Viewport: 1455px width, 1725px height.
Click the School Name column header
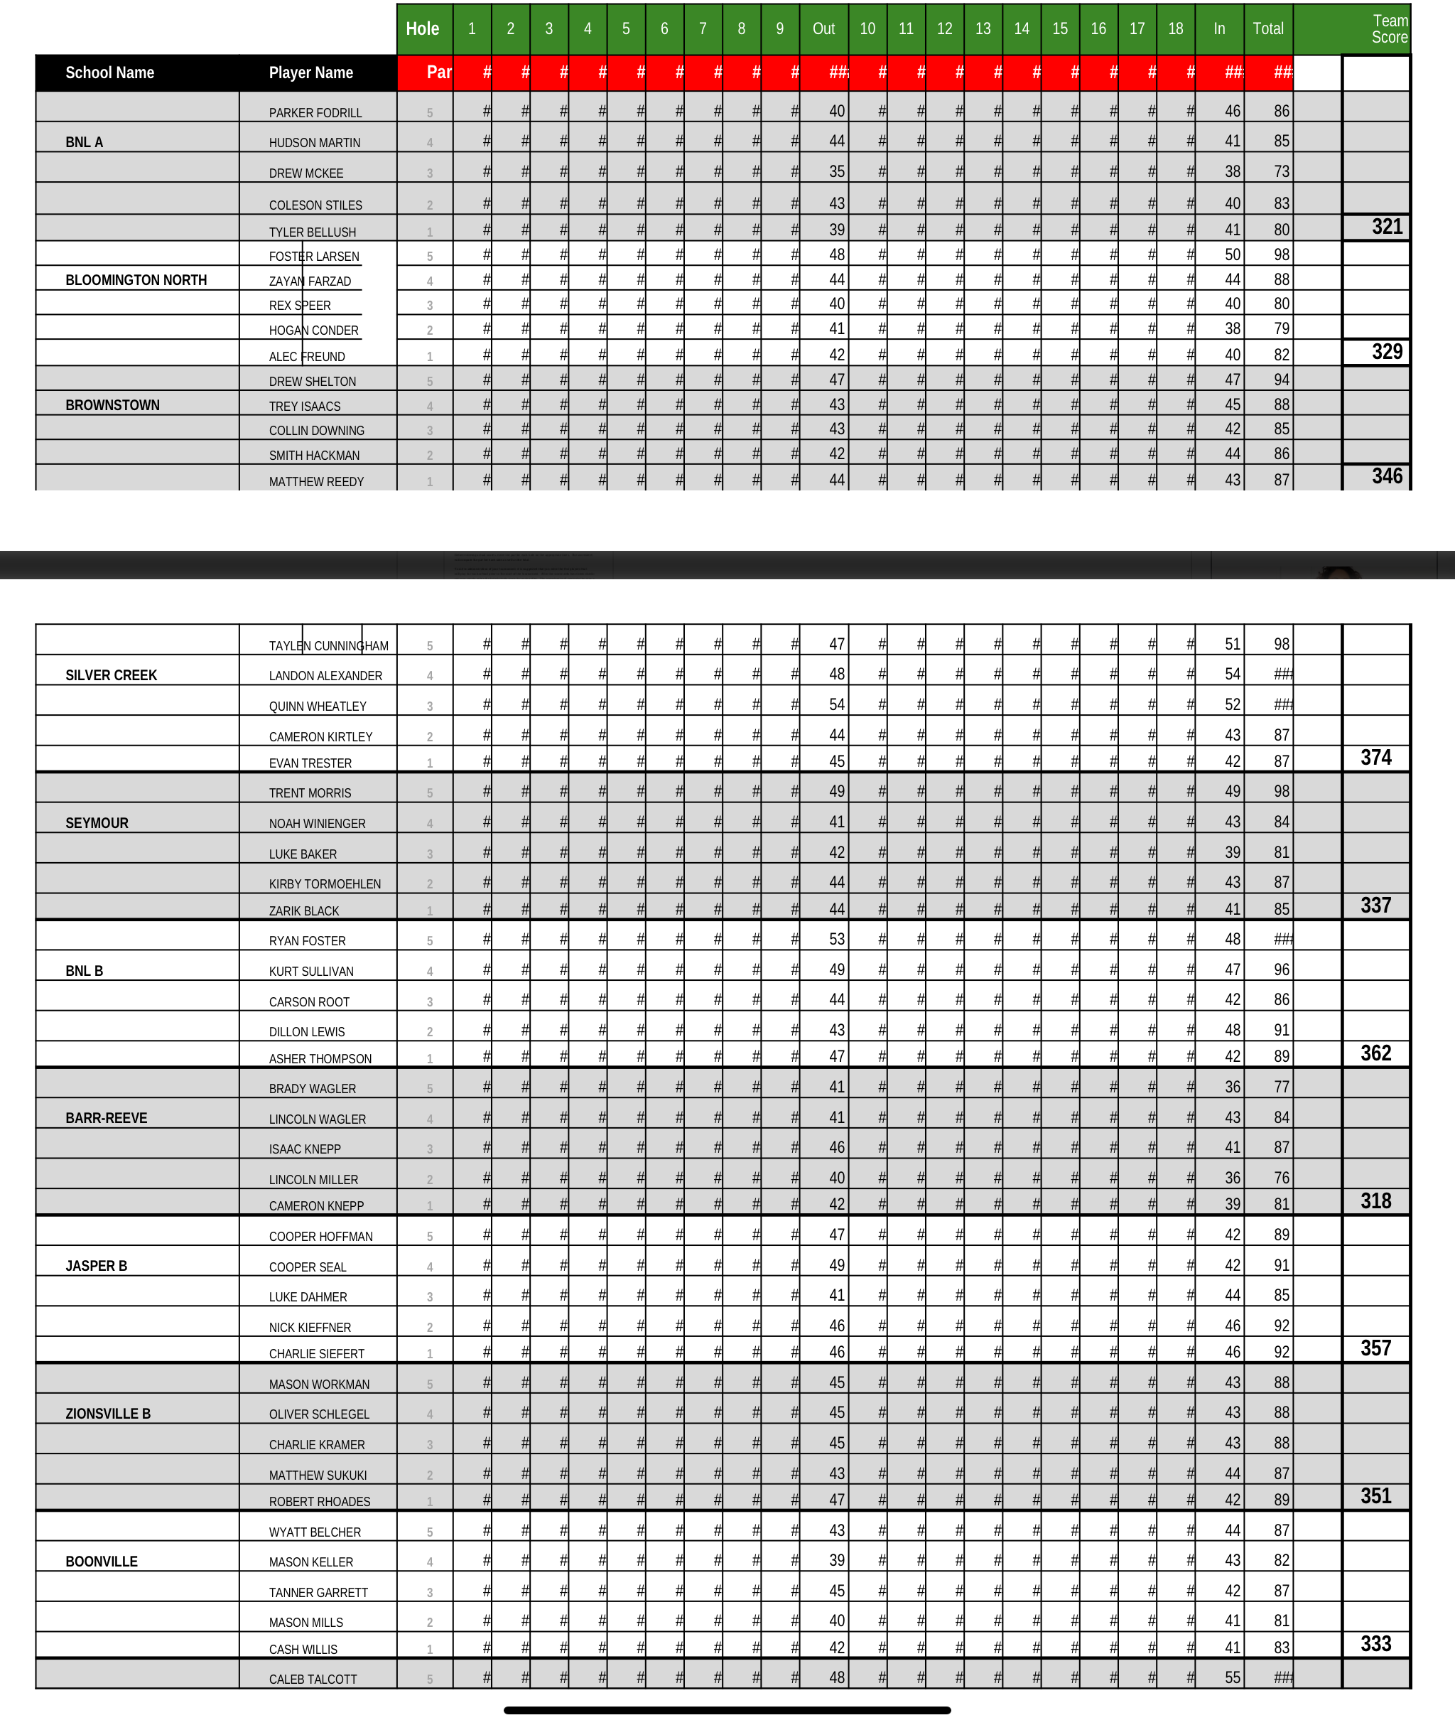click(x=109, y=72)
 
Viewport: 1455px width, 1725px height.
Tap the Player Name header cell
click(x=310, y=72)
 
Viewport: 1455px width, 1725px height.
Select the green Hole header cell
click(x=422, y=29)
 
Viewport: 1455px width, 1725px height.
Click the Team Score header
click(x=1389, y=29)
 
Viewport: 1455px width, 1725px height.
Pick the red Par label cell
click(x=438, y=72)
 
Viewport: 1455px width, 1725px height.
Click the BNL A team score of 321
click(x=1387, y=227)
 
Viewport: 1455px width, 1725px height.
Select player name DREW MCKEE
click(x=306, y=173)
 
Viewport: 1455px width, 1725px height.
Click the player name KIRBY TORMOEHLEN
click(x=325, y=884)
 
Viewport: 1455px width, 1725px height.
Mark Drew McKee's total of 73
click(x=1281, y=171)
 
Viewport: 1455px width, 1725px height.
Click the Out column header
click(x=823, y=29)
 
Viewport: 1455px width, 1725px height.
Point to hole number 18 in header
click(x=1175, y=29)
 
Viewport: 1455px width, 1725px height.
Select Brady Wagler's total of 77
click(x=1281, y=1087)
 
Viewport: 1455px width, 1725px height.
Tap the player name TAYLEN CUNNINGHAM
click(x=328, y=646)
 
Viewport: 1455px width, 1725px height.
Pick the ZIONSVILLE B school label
click(x=108, y=1414)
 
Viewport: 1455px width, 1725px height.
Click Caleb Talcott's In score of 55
click(x=1233, y=1677)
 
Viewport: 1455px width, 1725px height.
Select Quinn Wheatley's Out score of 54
click(x=836, y=704)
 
